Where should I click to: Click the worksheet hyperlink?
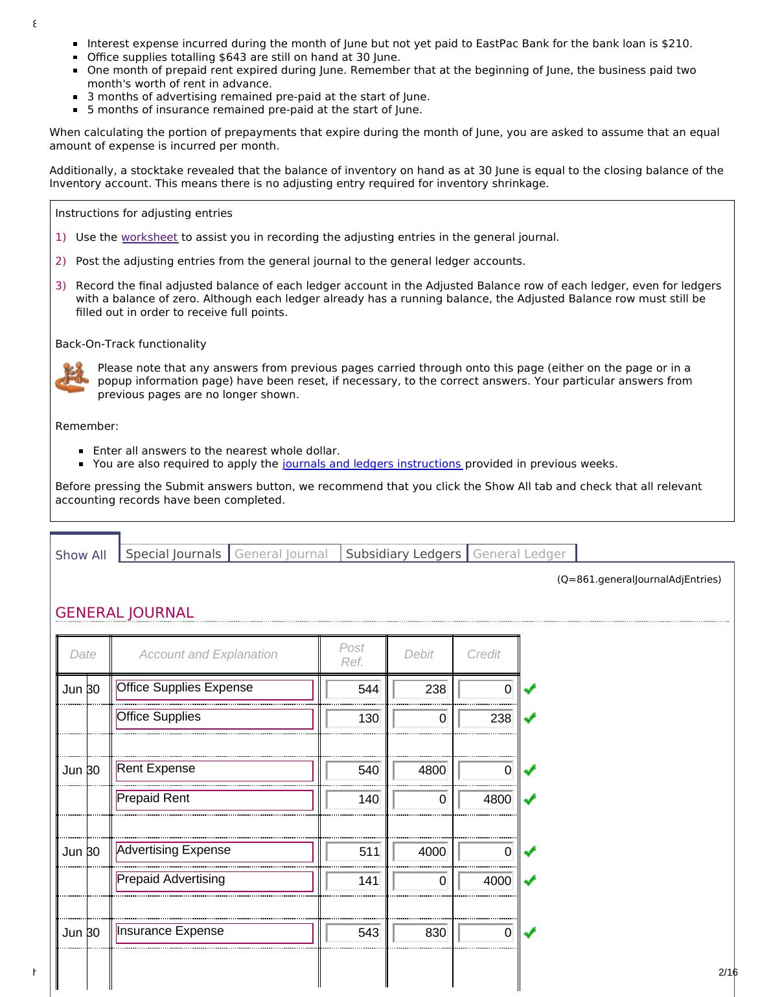[149, 238]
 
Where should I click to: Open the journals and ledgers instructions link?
[372, 464]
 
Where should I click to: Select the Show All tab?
[81, 555]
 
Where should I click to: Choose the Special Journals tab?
[173, 554]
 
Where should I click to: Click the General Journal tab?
[281, 554]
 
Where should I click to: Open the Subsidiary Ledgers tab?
[403, 554]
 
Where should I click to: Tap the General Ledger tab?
[520, 554]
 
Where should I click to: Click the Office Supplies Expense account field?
[214, 689]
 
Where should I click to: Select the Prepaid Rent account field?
[214, 800]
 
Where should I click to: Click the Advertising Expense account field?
[214, 851]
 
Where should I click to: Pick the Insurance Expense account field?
[214, 932]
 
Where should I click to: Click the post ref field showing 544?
[354, 689]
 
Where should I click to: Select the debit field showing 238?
[421, 689]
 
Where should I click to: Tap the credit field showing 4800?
[486, 800]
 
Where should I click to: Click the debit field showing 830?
[421, 933]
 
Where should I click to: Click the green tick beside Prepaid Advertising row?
[530, 880]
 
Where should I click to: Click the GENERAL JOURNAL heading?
[124, 612]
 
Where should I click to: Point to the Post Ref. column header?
[352, 655]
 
